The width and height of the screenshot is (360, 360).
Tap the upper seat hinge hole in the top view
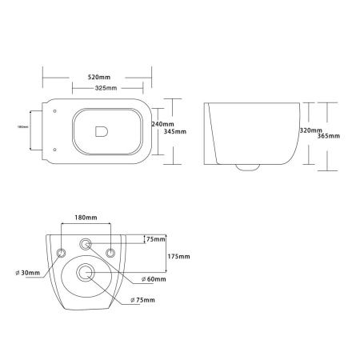52,113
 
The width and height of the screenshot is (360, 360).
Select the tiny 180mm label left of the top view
22,126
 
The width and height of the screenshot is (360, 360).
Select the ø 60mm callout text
154,279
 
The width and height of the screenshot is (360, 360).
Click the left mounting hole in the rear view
62,253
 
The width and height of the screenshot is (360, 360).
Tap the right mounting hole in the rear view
111,253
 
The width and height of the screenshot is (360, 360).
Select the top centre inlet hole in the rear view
86,242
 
